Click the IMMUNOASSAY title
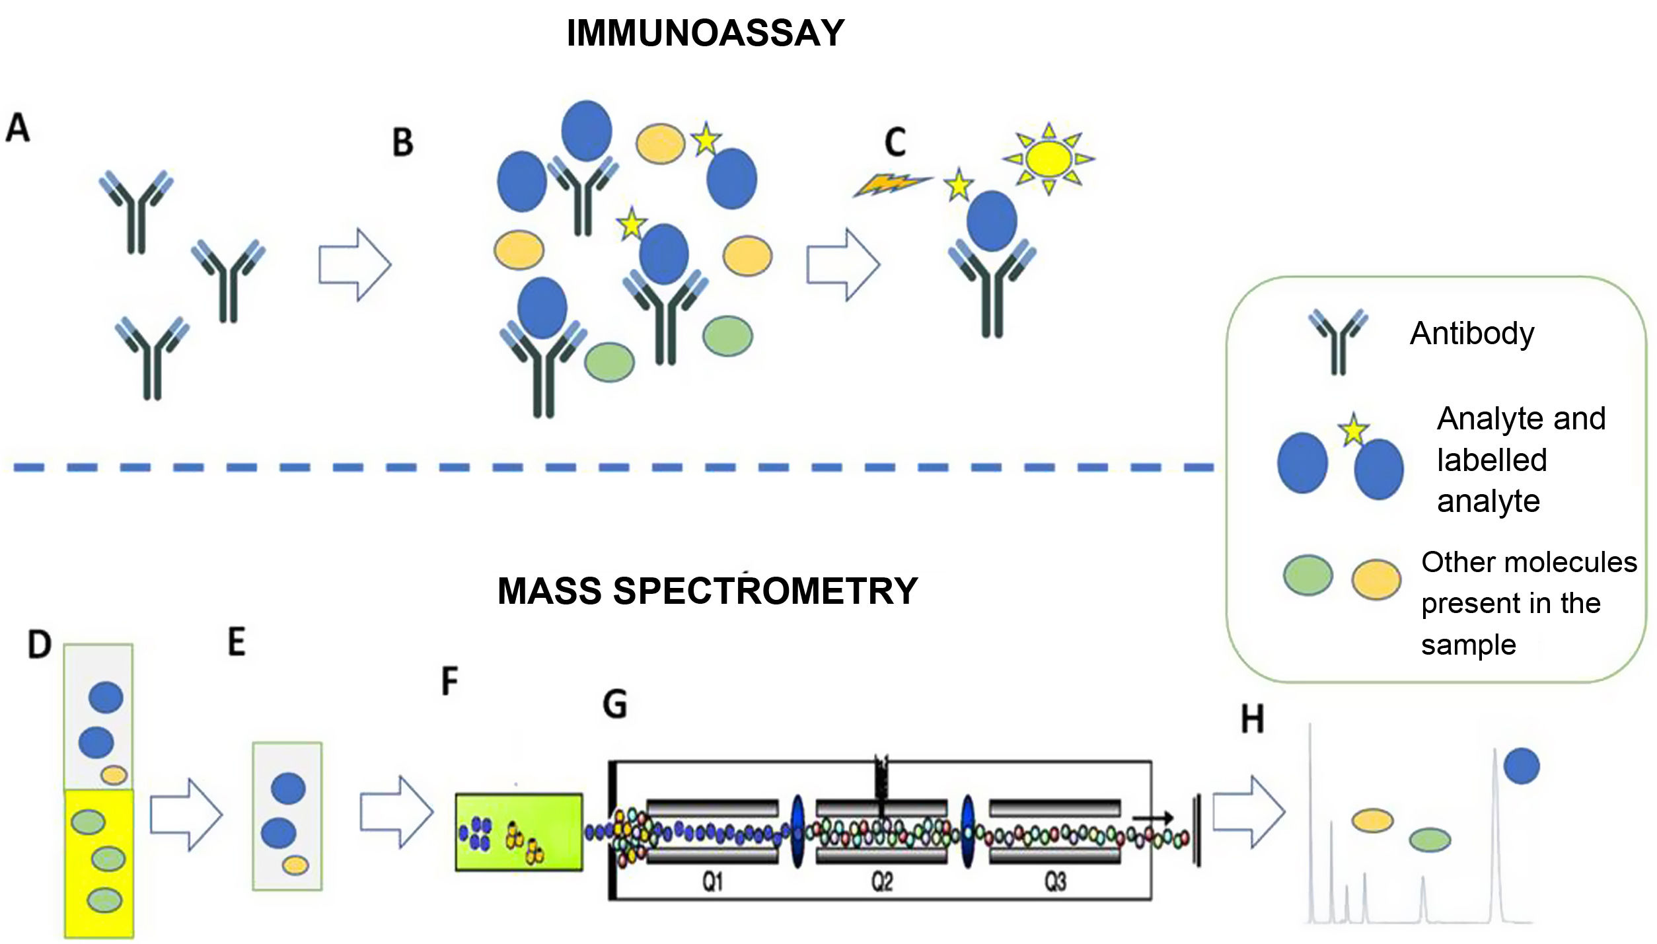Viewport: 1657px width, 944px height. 706,33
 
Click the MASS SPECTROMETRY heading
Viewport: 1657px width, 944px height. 708,591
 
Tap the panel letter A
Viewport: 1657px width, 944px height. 18,127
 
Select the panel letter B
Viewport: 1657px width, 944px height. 403,143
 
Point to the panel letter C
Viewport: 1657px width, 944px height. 895,143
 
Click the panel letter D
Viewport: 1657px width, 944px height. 40,644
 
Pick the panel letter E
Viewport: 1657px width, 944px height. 237,642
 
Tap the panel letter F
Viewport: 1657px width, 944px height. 450,681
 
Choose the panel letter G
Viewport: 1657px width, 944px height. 614,704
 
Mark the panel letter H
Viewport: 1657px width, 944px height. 1252,719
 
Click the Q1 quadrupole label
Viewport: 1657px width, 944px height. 713,881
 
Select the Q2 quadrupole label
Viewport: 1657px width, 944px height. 882,881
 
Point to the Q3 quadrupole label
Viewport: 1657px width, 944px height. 1055,881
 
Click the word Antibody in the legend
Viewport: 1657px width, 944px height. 1472,334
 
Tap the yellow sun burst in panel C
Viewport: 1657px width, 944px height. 1049,159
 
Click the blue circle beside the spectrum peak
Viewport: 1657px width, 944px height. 1522,766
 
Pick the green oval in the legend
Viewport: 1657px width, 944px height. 1307,575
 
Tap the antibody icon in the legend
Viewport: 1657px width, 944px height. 1338,342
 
